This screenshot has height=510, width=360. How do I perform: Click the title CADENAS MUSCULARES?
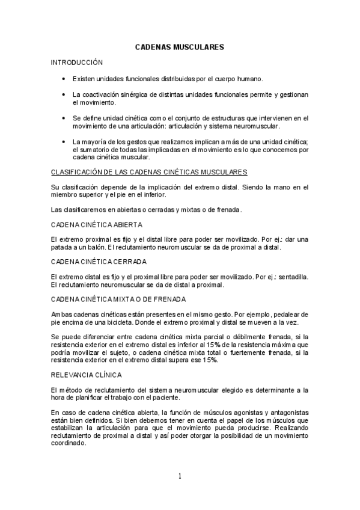pyautogui.click(x=180, y=46)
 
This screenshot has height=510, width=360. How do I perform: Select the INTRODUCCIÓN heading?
pyautogui.click(x=77, y=63)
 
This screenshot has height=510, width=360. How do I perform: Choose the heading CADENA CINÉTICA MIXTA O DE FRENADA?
pyautogui.click(x=118, y=299)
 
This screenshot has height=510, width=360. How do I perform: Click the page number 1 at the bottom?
pyautogui.click(x=179, y=476)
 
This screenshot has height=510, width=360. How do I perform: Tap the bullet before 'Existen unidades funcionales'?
pyautogui.click(x=63, y=79)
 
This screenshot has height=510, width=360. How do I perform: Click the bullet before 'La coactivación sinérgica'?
pyautogui.click(x=63, y=95)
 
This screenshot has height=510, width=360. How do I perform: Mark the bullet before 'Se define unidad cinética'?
pyautogui.click(x=63, y=118)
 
